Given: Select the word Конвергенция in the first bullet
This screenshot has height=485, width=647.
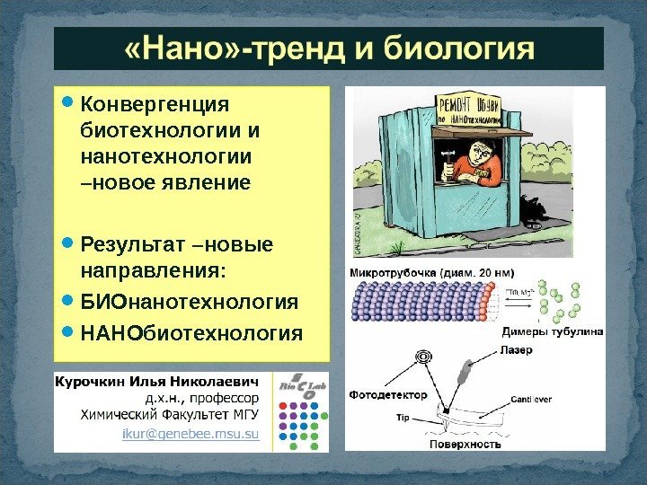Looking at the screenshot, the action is pyautogui.click(x=155, y=107).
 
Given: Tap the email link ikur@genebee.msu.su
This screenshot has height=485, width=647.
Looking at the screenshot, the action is pyautogui.click(x=190, y=436).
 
